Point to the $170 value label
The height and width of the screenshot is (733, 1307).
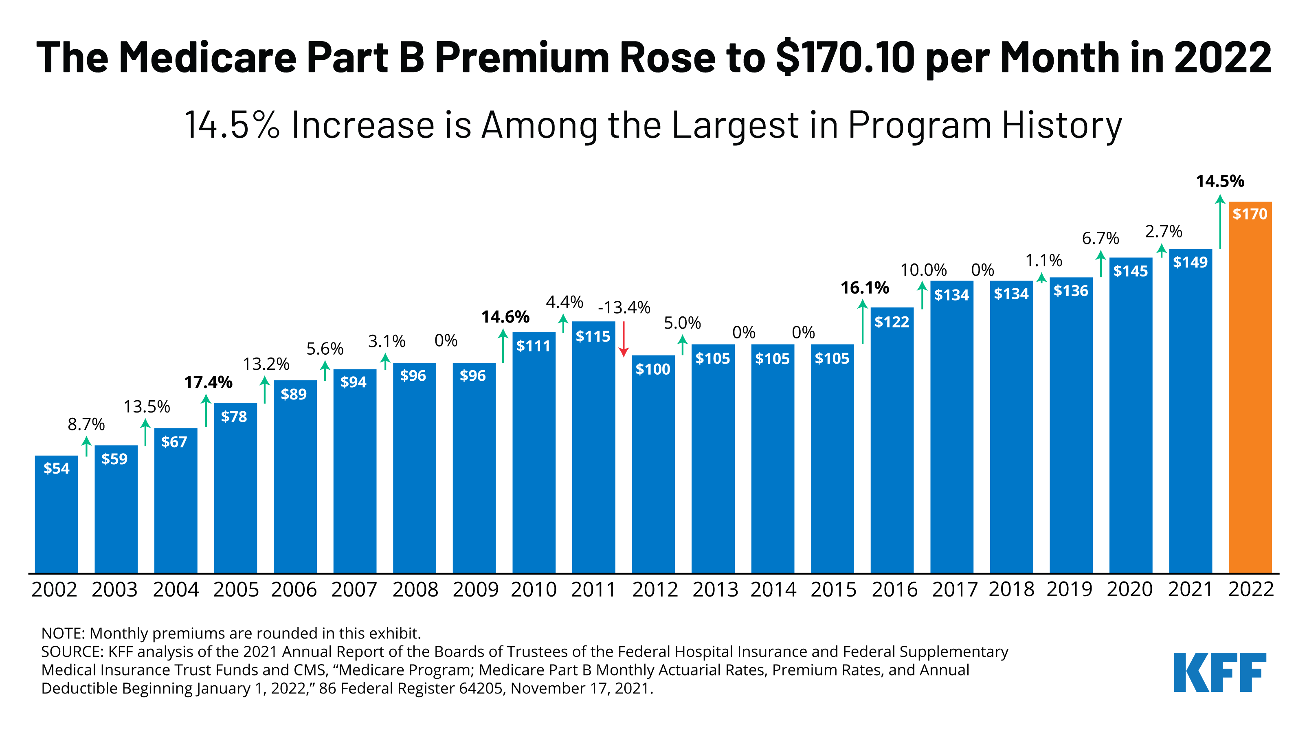coord(1250,214)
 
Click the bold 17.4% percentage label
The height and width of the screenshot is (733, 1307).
coord(208,382)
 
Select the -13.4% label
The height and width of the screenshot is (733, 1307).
coord(624,307)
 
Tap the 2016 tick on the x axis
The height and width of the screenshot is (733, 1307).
coord(894,589)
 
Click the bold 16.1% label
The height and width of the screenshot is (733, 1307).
coord(865,288)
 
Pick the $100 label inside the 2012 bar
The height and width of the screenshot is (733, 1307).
coord(653,369)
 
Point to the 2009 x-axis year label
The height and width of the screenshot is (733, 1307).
coord(475,589)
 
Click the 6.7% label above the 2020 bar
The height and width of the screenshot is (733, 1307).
coord(1100,238)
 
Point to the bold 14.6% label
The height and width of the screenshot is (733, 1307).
coord(505,317)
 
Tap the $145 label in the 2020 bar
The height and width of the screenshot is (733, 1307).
coord(1130,271)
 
